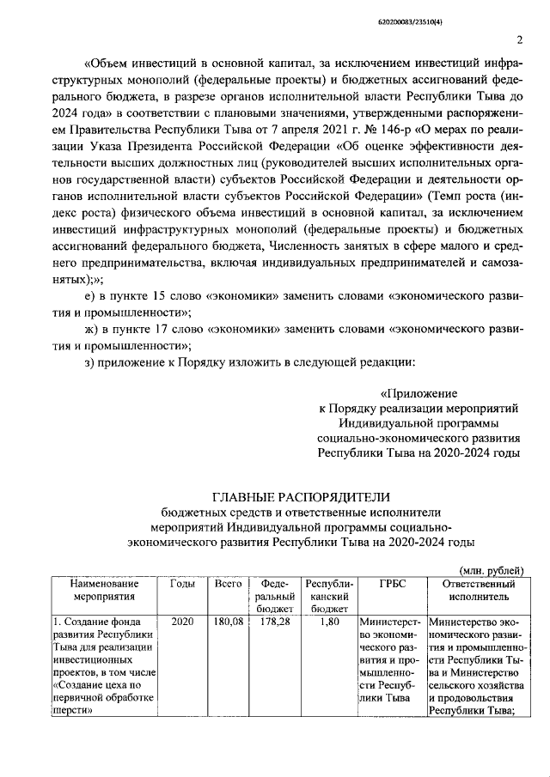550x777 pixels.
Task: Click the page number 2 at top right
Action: click(x=521, y=39)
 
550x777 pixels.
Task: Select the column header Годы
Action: click(x=182, y=584)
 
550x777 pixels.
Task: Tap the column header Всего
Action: click(x=228, y=584)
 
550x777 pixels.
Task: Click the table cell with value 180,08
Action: click(x=228, y=622)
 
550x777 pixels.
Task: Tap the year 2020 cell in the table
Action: click(x=182, y=622)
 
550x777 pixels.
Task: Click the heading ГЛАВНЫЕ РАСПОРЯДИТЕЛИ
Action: click(x=301, y=496)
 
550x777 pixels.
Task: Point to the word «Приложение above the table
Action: click(x=448, y=394)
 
